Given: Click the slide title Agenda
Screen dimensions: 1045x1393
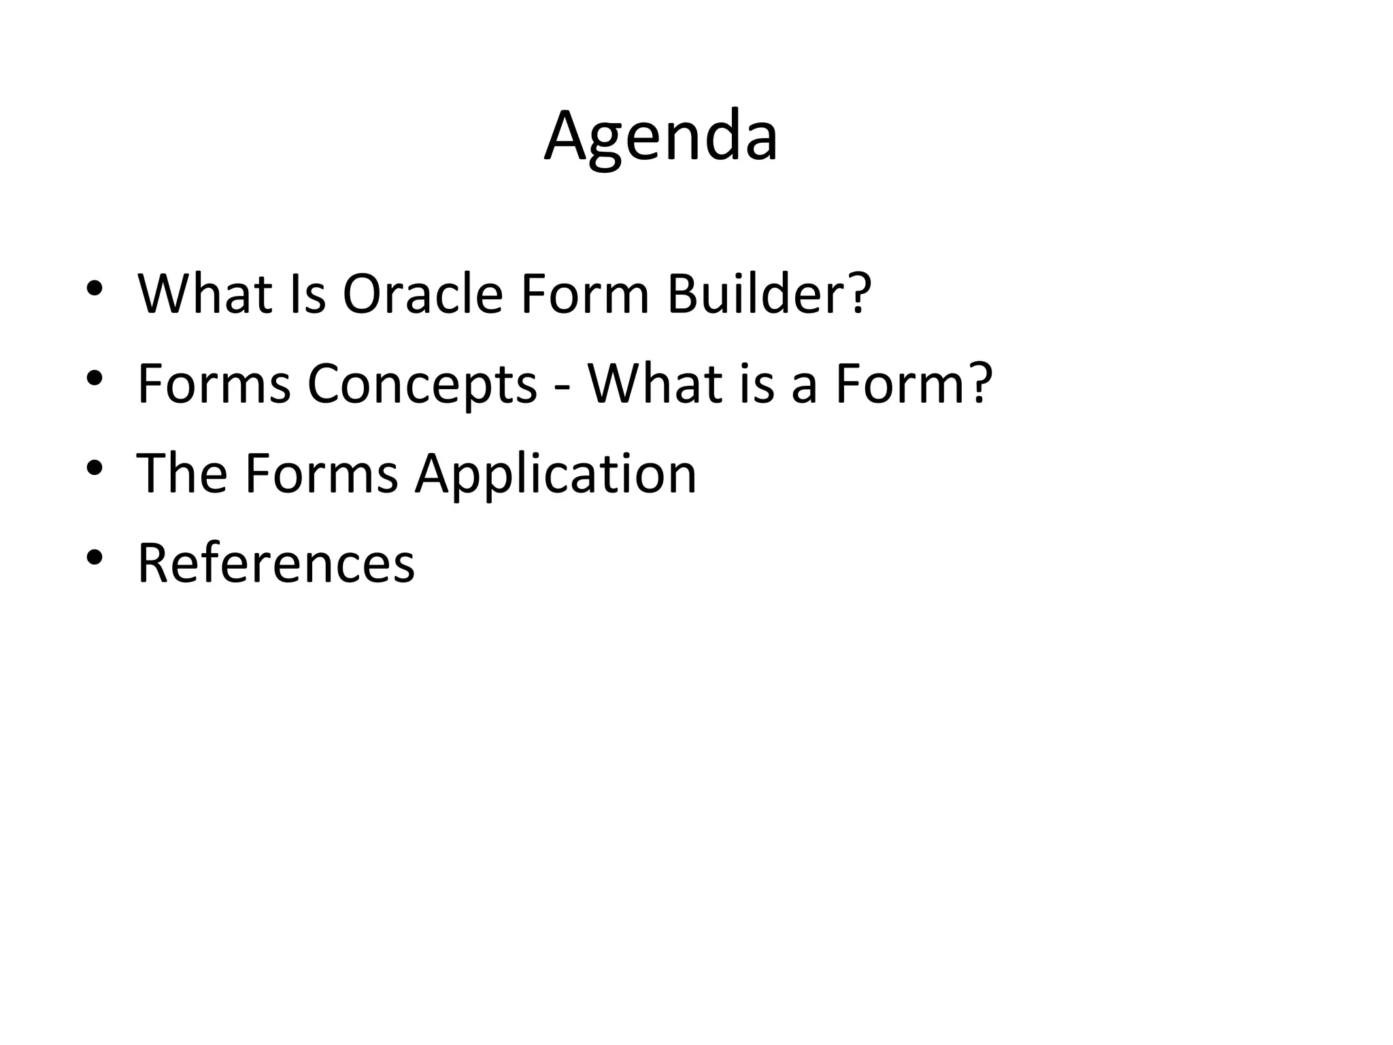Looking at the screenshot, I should point(660,136).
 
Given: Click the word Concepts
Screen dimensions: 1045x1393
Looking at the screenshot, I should point(422,384).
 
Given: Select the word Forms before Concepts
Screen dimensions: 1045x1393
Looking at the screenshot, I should point(214,384).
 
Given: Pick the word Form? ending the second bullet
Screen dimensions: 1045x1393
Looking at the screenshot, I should point(913,384).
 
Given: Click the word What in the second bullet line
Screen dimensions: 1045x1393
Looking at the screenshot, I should point(655,384).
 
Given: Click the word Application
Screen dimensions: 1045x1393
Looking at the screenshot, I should point(556,474).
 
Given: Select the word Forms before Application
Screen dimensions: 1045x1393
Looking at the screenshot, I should point(321,474).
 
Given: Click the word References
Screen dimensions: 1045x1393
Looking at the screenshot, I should point(275,563).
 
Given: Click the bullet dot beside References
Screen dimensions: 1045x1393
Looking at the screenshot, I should point(95,558).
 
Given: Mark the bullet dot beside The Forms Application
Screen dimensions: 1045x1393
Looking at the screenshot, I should point(95,468).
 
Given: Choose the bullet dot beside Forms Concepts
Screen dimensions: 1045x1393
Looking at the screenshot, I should point(95,378).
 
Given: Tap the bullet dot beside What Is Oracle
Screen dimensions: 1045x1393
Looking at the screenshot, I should point(95,288).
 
